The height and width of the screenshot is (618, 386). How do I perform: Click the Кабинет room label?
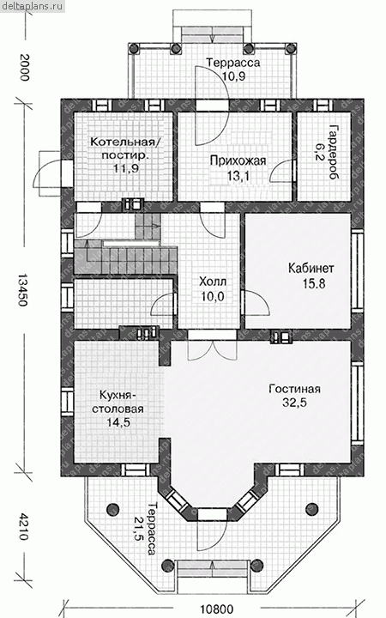point(311,268)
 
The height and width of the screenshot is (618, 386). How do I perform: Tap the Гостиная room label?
point(294,389)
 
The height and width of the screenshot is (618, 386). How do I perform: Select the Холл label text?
point(213,282)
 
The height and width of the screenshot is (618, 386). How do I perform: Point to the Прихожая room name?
point(238,161)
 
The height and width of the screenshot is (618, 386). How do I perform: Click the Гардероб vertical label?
point(334,152)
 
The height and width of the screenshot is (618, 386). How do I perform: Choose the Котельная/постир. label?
point(126,148)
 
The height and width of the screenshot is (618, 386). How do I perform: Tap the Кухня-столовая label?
point(118,402)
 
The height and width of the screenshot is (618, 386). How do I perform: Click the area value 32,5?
point(294,403)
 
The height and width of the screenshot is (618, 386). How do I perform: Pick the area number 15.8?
point(314,283)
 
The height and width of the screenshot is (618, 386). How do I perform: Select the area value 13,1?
point(238,176)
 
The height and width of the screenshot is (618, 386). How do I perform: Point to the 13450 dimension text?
point(23,290)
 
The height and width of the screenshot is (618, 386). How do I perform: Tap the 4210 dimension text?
point(23,526)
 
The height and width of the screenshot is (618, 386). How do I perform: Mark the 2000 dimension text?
point(24,68)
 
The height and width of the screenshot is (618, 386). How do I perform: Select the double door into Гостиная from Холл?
point(213,345)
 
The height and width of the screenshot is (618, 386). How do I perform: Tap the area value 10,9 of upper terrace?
point(233,76)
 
